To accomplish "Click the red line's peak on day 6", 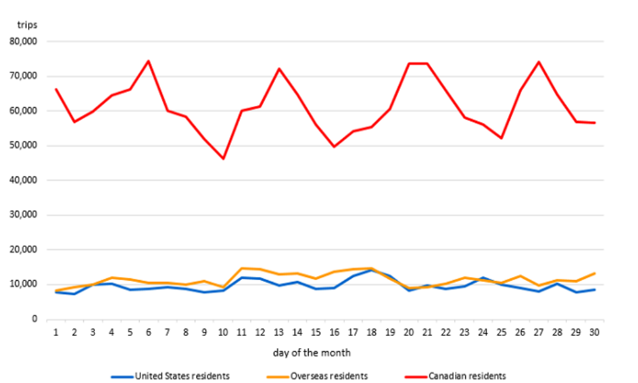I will point(148,61).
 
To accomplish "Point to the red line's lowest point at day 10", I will point(223,159).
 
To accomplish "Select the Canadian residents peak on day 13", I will point(279,69).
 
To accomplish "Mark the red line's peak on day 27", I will point(538,62).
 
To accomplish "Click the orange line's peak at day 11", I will point(242,268).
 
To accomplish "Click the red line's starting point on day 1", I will point(56,89).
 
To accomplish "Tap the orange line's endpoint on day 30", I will point(594,273).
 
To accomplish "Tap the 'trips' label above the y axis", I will point(27,25).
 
